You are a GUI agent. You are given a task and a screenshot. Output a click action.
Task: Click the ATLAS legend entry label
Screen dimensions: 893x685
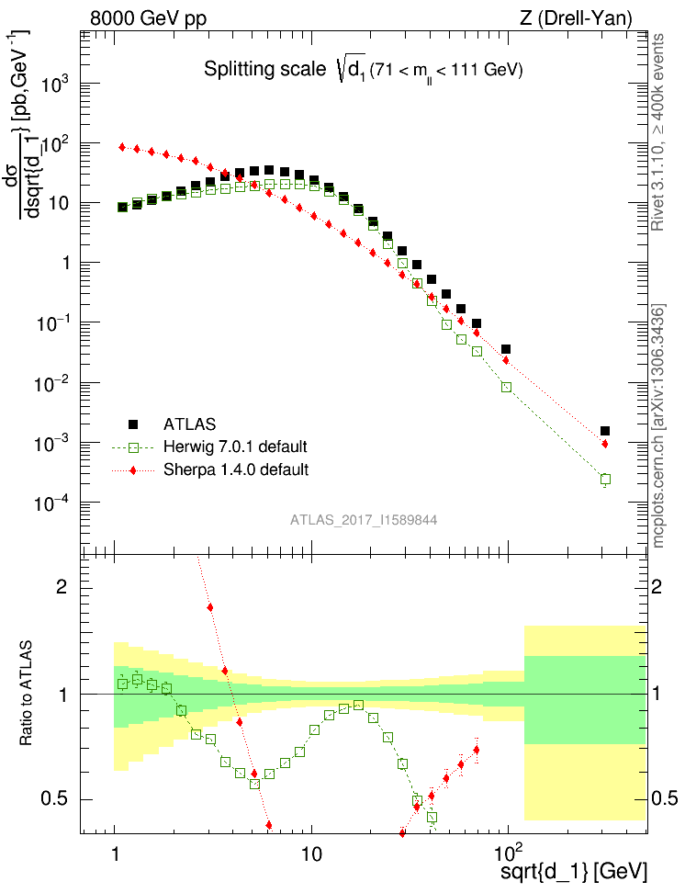pos(190,425)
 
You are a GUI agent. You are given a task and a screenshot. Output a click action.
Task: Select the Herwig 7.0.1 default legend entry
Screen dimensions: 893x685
pos(235,447)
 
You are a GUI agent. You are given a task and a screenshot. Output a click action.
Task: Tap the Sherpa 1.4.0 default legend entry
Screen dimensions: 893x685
pos(235,469)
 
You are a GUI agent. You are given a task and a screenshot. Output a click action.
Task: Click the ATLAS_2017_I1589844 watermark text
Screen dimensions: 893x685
pos(364,520)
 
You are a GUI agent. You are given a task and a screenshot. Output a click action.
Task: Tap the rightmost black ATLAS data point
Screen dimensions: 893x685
pos(605,431)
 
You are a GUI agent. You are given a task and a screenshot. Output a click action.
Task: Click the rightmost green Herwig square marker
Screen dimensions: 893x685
pos(605,479)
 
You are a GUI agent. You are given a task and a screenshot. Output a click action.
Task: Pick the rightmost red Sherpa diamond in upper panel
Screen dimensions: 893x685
pos(605,444)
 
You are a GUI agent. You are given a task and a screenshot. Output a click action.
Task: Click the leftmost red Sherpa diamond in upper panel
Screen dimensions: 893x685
pos(122,147)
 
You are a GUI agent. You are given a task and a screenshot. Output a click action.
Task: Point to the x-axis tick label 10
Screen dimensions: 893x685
pos(311,847)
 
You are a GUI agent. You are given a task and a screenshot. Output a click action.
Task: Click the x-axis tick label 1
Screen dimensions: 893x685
pos(115,847)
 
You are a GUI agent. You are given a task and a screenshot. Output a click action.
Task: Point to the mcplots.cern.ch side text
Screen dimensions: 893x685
pos(658,427)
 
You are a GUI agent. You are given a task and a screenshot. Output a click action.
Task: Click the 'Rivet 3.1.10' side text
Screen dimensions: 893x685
pos(658,193)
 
